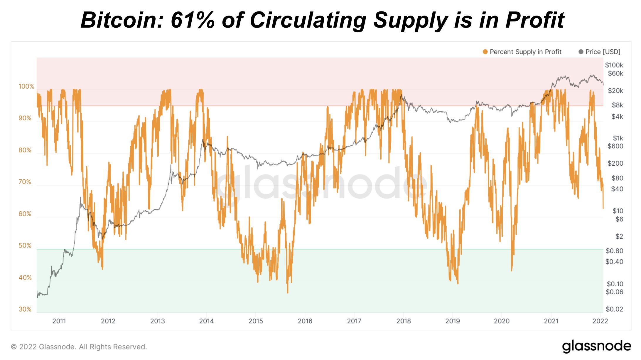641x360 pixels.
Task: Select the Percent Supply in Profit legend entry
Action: click(x=525, y=52)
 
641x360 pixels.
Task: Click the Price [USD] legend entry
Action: click(x=603, y=52)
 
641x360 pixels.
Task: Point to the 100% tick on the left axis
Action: click(x=26, y=86)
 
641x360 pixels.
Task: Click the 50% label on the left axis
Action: click(x=25, y=245)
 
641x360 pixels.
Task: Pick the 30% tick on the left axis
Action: click(x=25, y=309)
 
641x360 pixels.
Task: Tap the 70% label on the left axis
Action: click(x=25, y=182)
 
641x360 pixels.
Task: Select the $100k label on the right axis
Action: click(x=614, y=65)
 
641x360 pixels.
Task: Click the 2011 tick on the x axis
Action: click(x=59, y=321)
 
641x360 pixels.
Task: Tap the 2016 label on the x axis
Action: click(x=305, y=321)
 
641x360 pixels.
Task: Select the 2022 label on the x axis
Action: click(x=600, y=321)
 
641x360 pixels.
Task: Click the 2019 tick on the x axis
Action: click(x=453, y=321)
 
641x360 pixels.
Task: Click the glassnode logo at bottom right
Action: click(x=596, y=346)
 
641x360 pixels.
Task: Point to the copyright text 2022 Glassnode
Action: click(x=79, y=347)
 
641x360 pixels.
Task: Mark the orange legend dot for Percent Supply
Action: click(x=485, y=52)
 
